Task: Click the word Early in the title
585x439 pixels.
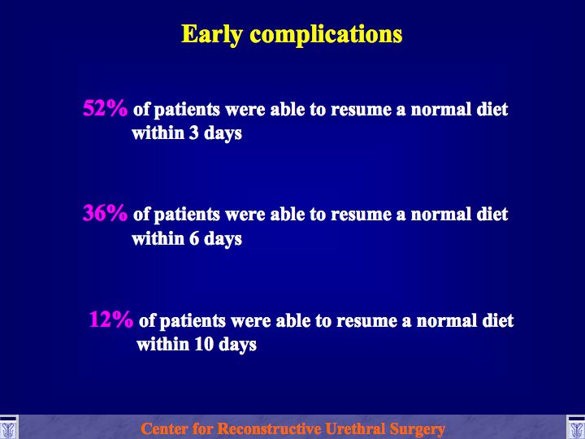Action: [212, 35]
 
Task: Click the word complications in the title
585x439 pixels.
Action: [326, 35]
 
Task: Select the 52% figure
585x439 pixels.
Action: [105, 108]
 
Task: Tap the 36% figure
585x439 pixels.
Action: [105, 213]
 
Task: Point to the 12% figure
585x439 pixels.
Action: [110, 319]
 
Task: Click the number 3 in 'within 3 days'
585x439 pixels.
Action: [193, 133]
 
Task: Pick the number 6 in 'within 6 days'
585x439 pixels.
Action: [193, 238]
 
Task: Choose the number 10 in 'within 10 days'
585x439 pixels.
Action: [203, 344]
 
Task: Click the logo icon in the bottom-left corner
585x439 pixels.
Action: [8, 428]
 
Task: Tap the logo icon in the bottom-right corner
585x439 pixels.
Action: [576, 428]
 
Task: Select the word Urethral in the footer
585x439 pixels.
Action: [355, 428]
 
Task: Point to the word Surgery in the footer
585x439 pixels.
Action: [417, 429]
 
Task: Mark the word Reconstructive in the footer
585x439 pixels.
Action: [269, 428]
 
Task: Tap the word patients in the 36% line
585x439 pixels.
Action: [187, 215]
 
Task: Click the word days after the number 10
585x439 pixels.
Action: [237, 345]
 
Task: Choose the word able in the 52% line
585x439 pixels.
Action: [288, 109]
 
